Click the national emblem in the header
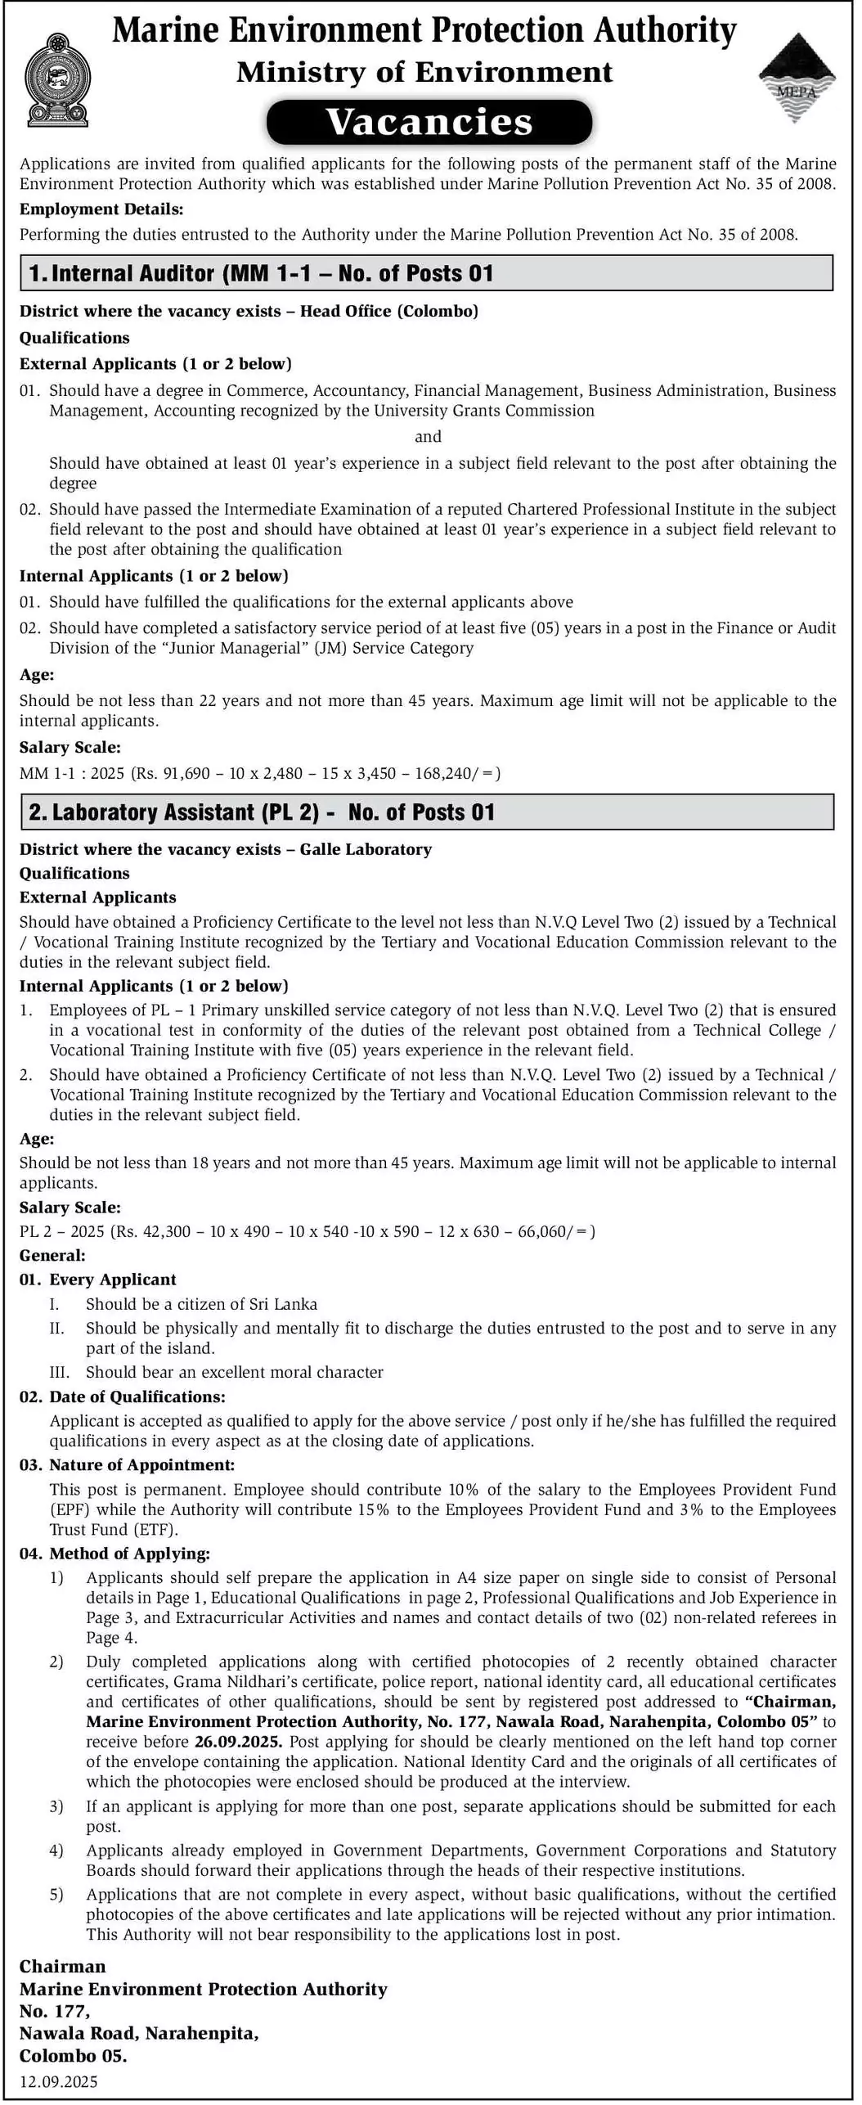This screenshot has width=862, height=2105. click(57, 80)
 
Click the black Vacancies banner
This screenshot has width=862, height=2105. click(429, 122)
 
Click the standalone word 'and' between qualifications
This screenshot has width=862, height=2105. click(428, 437)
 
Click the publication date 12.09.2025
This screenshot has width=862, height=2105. click(59, 2082)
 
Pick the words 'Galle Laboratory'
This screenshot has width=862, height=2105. click(366, 849)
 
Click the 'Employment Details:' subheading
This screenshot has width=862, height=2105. click(101, 209)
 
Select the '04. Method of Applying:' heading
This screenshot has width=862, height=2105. click(114, 1553)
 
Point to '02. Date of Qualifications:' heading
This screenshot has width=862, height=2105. click(123, 1397)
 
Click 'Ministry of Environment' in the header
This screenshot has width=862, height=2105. click(424, 72)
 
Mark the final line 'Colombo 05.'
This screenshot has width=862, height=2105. click(74, 2056)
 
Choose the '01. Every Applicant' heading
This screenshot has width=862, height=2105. click(98, 1280)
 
